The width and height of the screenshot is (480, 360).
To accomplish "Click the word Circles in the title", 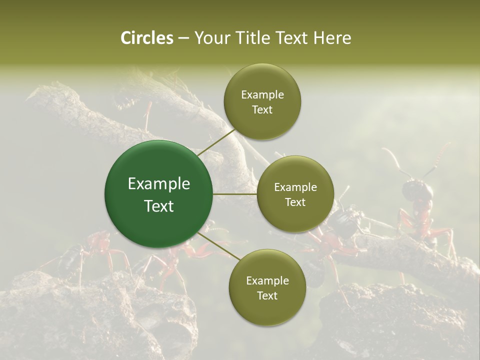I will coord(146,38).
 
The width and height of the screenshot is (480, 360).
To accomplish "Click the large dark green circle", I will coord(158,194).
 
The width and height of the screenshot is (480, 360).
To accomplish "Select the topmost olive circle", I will coord(262,102).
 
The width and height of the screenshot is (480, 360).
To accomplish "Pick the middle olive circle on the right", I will coord(295,194).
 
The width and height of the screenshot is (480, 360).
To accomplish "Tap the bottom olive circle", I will coord(267,288).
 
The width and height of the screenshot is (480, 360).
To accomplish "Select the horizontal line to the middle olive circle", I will coord(234,194).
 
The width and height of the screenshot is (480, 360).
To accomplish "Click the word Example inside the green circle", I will coord(158,183).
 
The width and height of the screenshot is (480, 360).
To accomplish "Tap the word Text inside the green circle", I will coord(158,206).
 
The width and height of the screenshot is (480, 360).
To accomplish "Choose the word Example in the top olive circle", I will coord(262,94).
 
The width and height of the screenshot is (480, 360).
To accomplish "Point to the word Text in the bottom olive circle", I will coord(267,295).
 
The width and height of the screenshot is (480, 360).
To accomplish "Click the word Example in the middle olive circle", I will coord(295,187).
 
